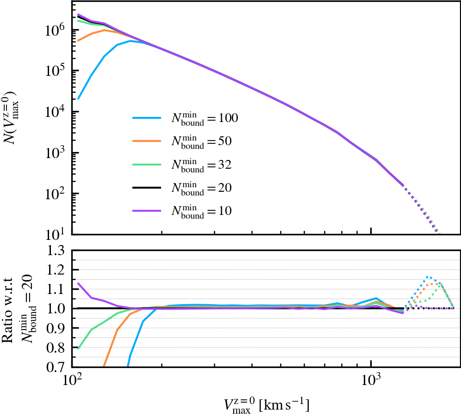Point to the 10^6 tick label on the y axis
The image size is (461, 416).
56,29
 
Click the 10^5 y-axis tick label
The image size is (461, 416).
56,70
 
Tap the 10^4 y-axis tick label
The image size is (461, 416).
56,111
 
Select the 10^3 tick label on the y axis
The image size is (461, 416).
56,153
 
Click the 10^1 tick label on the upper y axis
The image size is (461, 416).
56,234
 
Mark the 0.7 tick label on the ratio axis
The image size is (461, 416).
58,367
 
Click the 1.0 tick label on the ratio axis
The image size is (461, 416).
58,308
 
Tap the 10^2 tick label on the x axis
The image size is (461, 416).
72,382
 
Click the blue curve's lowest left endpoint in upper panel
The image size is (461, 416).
78,99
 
